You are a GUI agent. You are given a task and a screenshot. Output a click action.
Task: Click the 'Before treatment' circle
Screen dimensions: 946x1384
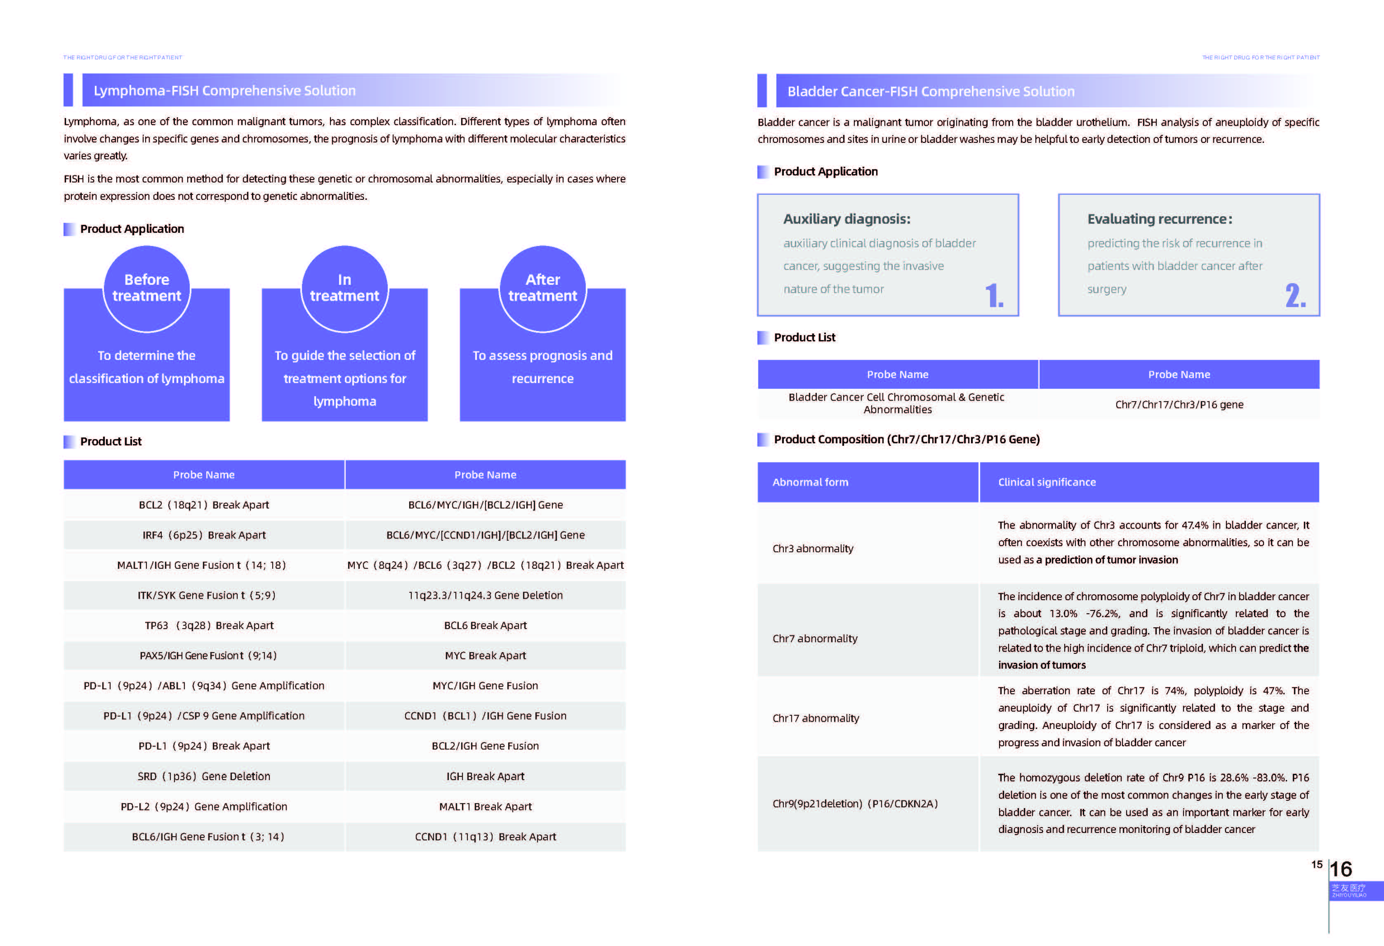[x=146, y=289]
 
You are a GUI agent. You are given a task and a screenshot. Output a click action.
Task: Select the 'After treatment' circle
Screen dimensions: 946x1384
[x=542, y=289]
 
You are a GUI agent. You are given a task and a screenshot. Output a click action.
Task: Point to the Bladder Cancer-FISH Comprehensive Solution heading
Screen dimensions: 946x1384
[x=931, y=92]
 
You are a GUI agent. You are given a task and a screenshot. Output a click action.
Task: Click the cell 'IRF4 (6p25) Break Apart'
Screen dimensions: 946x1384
[x=204, y=535]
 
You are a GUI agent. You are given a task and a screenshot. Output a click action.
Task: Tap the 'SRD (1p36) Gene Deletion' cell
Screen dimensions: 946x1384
[x=204, y=776]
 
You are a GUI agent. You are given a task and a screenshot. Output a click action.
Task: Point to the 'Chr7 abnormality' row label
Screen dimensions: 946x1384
[x=815, y=639]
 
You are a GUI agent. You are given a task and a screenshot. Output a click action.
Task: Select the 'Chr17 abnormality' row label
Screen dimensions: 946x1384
[x=815, y=719]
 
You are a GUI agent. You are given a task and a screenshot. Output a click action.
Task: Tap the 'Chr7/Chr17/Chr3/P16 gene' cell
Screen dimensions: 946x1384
[x=1179, y=404]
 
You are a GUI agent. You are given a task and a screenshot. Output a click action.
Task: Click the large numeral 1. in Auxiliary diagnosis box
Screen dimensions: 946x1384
[x=994, y=296]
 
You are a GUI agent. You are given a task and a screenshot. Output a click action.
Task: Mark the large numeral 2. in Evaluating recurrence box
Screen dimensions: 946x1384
[x=1294, y=296]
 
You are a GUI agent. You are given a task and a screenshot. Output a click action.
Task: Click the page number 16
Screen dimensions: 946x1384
[x=1341, y=869]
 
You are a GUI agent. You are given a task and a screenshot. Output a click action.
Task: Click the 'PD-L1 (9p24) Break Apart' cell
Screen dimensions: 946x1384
[x=204, y=746]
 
